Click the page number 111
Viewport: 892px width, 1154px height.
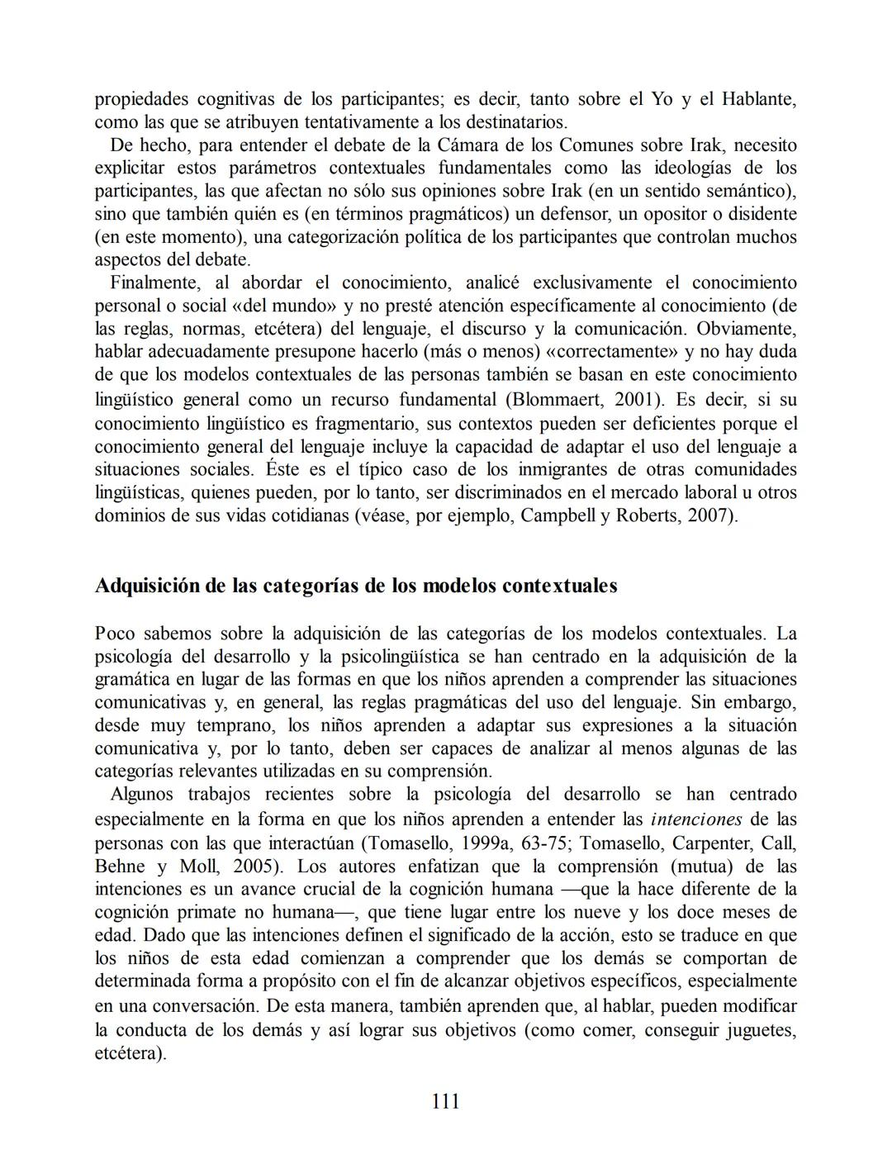coord(445,1101)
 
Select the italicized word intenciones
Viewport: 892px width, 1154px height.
coord(696,819)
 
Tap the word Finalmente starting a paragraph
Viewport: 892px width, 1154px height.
coord(154,283)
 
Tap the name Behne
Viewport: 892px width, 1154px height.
coord(121,867)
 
